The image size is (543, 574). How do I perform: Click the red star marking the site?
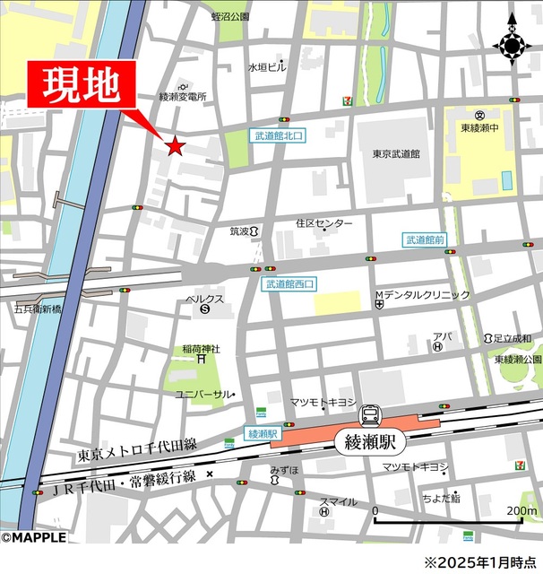pos(174,145)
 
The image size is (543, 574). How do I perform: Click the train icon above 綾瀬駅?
pos(369,414)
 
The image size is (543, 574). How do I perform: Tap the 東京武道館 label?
pos(397,153)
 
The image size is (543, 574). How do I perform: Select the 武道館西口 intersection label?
pos(290,283)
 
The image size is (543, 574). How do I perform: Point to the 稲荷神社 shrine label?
pos(201,349)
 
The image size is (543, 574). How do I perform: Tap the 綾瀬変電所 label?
pos(183,96)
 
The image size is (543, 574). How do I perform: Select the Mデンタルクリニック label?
pos(421,295)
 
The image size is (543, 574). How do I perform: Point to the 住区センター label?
pos(323,223)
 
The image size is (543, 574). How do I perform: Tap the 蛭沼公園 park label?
pos(231,16)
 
